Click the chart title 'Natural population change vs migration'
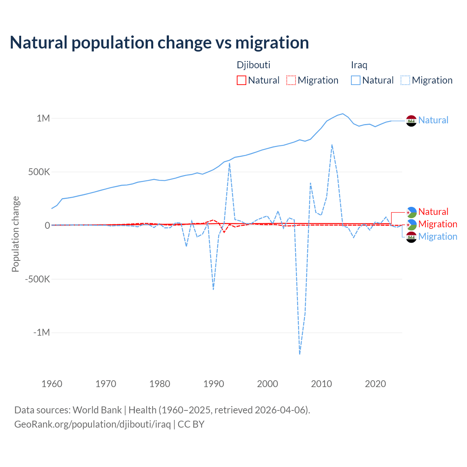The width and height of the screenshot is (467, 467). (x=159, y=43)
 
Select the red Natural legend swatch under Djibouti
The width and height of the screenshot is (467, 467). (x=241, y=80)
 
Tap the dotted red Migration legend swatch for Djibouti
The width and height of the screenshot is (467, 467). (x=291, y=80)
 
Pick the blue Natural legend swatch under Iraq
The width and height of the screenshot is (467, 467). (x=355, y=80)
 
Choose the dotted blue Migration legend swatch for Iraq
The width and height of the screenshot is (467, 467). (x=405, y=80)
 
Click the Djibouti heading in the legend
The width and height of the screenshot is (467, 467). (x=254, y=65)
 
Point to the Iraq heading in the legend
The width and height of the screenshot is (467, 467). (x=359, y=65)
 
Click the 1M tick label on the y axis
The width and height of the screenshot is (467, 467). (x=43, y=118)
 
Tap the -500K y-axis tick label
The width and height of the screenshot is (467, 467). (x=38, y=279)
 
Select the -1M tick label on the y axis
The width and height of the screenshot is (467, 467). (x=41, y=333)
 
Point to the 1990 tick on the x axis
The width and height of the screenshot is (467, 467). (x=213, y=384)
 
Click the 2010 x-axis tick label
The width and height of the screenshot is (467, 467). (x=321, y=384)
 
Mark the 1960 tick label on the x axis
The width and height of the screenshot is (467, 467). (x=52, y=384)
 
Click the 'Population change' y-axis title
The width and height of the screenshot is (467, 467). (x=15, y=234)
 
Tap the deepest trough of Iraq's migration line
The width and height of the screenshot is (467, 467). (x=300, y=354)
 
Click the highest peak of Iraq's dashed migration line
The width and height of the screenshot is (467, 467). (x=332, y=145)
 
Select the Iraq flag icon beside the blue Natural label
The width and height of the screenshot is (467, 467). (x=411, y=120)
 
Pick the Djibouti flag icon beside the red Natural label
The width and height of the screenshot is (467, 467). (x=411, y=212)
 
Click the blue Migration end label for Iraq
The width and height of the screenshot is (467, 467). (x=437, y=236)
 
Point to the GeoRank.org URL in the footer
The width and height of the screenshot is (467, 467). (x=92, y=424)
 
